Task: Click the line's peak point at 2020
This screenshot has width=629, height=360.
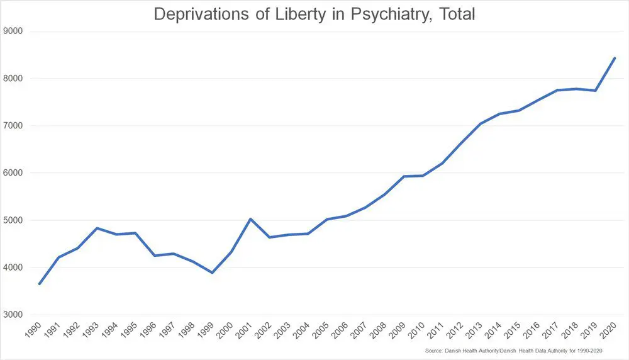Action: click(x=615, y=59)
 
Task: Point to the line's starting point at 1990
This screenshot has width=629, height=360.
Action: click(x=40, y=284)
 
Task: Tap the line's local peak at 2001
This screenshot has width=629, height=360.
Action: click(x=250, y=219)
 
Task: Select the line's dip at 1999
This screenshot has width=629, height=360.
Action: click(x=212, y=273)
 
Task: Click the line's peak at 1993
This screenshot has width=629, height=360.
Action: click(x=97, y=228)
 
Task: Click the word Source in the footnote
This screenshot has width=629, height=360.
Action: click(x=432, y=350)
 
